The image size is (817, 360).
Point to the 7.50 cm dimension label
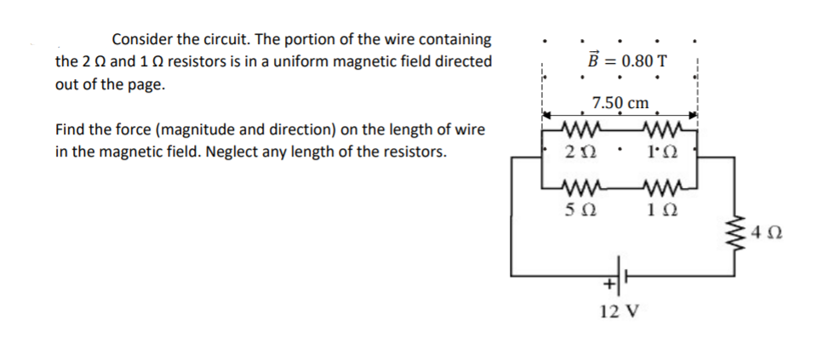click(621, 102)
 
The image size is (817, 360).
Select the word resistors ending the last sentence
click(414, 154)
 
